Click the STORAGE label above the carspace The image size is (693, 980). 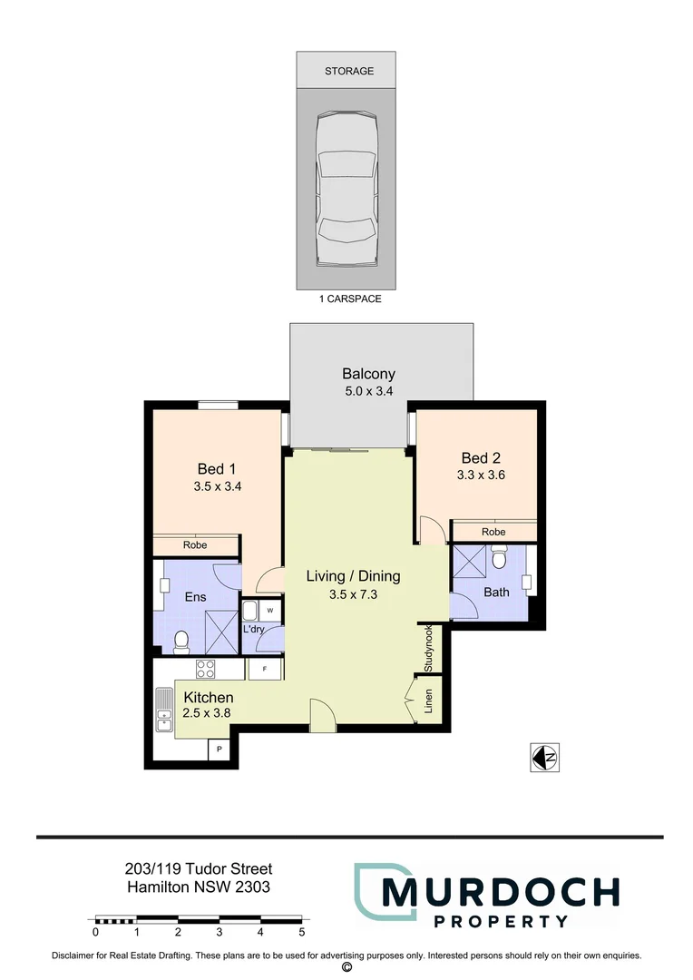(349, 71)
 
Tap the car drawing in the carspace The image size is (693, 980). (348, 190)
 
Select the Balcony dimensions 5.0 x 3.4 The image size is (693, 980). (368, 392)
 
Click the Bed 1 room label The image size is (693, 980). (217, 468)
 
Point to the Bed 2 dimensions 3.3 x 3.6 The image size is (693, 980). (481, 475)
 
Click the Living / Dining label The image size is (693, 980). (353, 575)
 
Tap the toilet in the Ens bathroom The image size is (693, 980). (181, 642)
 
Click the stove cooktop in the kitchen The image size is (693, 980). (206, 670)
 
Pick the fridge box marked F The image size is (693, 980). (264, 670)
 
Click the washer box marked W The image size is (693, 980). (269, 610)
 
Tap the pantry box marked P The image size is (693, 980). (219, 750)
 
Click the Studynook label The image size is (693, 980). (429, 648)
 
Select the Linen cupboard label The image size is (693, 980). (429, 701)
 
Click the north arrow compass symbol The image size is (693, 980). (542, 756)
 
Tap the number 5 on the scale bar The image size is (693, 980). (301, 932)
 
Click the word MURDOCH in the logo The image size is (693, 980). (500, 892)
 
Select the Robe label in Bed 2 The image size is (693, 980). (493, 532)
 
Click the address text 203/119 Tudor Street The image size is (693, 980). (198, 869)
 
